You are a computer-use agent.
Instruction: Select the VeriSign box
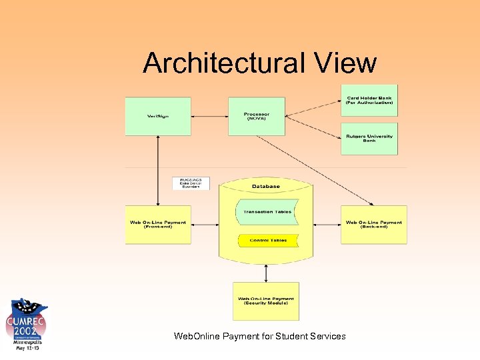pos(158,117)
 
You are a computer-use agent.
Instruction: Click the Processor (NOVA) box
pos(257,116)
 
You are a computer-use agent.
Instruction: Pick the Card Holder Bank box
pos(369,101)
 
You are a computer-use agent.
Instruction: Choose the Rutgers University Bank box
pos(369,139)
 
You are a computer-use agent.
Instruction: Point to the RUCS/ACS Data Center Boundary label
pos(191,183)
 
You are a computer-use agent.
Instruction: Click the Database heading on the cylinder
pos(266,186)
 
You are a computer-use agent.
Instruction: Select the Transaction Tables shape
pos(266,212)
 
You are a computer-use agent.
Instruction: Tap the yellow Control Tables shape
pos(267,240)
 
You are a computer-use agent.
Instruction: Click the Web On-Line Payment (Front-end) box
pos(158,225)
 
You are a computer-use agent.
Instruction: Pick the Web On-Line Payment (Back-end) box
pos(374,225)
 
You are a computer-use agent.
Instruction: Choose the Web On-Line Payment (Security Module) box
pos(266,301)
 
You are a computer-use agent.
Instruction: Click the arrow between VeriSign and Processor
pos(209,116)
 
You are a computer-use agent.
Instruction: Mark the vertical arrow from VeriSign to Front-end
pos(158,170)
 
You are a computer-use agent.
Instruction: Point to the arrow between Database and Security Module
pos(266,273)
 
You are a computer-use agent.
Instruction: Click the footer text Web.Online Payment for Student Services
pos(259,336)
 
